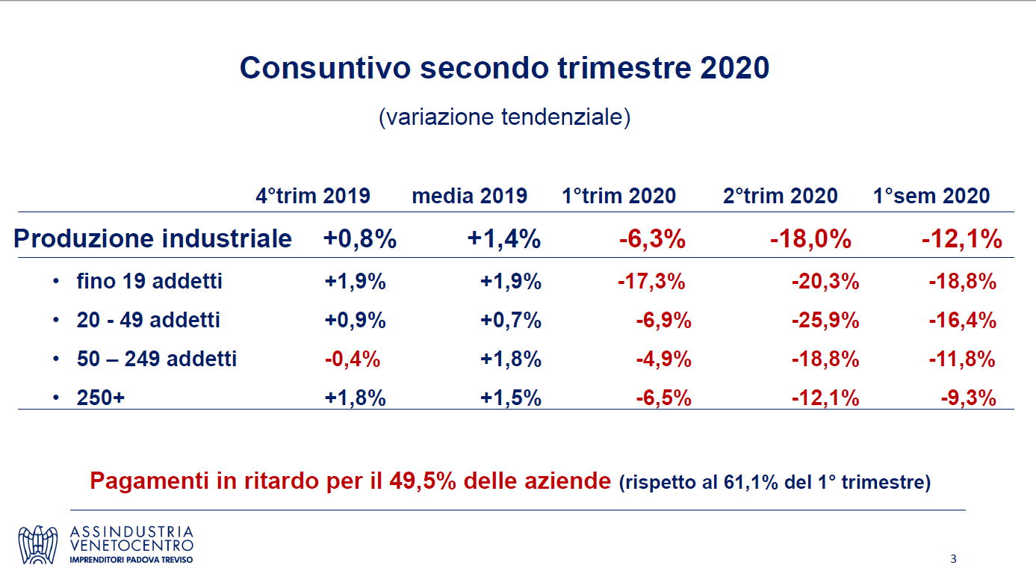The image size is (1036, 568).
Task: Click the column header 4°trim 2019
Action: click(x=313, y=197)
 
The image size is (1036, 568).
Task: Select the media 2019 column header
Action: click(x=469, y=197)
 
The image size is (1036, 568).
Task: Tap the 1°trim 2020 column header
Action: click(x=618, y=197)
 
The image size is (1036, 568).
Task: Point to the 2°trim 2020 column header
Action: click(x=780, y=197)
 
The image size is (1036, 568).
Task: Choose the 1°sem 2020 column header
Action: click(x=931, y=197)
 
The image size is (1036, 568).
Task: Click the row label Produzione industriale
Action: click(x=153, y=239)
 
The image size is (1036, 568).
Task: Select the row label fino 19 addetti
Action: click(x=149, y=282)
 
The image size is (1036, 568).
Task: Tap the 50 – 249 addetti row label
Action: click(x=156, y=359)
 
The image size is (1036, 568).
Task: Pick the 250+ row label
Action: click(x=101, y=398)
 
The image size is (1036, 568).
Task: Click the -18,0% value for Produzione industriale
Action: click(x=810, y=239)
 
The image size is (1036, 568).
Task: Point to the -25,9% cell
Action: click(x=825, y=321)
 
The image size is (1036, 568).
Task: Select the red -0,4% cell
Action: click(x=353, y=359)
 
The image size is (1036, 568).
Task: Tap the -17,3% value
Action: click(x=651, y=282)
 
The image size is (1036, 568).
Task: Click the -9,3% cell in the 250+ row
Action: click(x=968, y=398)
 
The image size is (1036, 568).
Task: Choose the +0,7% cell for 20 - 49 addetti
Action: click(x=511, y=321)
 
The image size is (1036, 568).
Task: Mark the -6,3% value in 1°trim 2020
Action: click(x=652, y=239)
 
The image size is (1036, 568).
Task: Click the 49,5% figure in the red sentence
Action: click(x=423, y=481)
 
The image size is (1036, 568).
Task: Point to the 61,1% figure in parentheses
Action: click(x=751, y=483)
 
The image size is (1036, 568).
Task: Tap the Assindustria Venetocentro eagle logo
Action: click(x=38, y=545)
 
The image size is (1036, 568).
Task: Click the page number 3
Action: click(x=953, y=559)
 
